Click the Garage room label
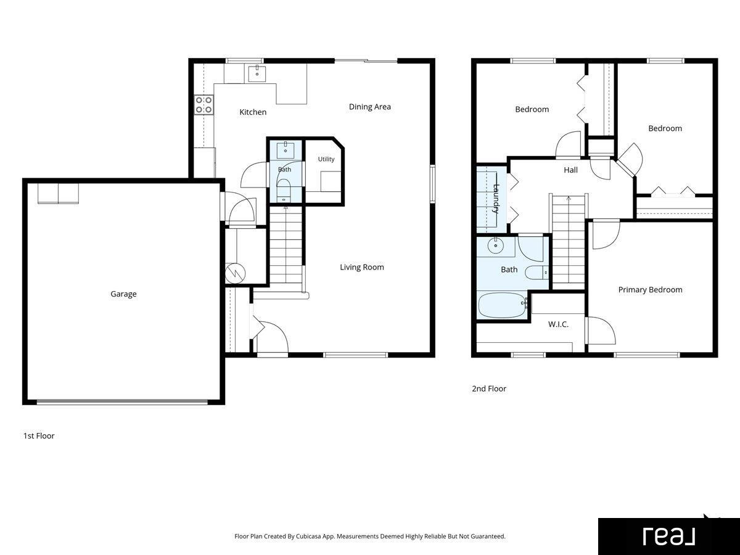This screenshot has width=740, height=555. point(123,294)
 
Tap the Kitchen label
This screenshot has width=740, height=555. point(253,112)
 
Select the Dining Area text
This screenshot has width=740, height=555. point(370,107)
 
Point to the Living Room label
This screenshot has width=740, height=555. point(362,267)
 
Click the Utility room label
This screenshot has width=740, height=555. point(326,159)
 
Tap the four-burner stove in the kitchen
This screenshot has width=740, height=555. point(204,105)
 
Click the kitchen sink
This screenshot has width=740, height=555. point(257,74)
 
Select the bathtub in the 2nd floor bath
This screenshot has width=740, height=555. point(503,305)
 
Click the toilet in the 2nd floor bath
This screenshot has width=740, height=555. point(537,273)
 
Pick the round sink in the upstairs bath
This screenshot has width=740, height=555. point(496,245)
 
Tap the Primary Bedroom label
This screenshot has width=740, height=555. point(650,290)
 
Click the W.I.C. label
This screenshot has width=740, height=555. point(558,324)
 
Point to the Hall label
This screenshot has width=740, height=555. point(570,170)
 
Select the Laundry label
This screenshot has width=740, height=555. point(496,199)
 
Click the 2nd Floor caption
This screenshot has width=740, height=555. point(489,388)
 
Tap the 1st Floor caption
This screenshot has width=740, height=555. point(39,436)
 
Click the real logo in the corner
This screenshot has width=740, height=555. point(669,536)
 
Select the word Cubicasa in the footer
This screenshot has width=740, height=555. point(308,536)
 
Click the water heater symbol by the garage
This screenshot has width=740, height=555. point(235,273)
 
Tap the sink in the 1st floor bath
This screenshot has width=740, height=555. point(286,150)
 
